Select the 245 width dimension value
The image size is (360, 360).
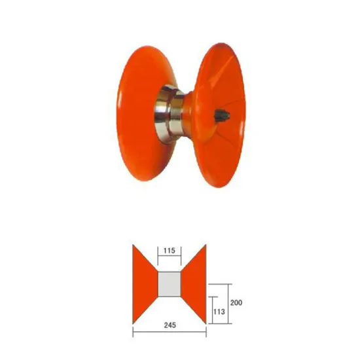tap(170, 324)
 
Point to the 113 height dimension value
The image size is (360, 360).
tap(219, 312)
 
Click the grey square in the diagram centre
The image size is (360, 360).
tap(170, 284)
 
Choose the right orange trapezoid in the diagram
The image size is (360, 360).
tap(194, 284)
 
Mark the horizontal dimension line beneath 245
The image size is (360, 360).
tap(170, 332)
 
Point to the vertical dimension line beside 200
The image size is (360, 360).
tap(229, 303)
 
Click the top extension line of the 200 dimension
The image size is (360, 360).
tap(219, 284)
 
